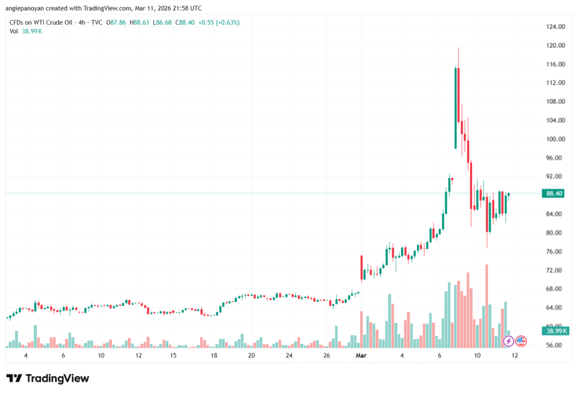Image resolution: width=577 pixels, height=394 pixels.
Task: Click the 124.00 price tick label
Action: pyautogui.click(x=555, y=26)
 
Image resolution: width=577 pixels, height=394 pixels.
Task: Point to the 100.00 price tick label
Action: pyautogui.click(x=555, y=139)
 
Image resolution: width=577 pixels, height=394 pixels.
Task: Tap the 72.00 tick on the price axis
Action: pyautogui.click(x=555, y=270)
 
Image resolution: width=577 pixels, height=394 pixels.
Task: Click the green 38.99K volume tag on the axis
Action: pyautogui.click(x=555, y=331)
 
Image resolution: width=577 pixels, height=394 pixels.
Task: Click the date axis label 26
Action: pyautogui.click(x=327, y=356)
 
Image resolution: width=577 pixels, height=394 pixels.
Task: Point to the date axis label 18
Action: pyautogui.click(x=214, y=356)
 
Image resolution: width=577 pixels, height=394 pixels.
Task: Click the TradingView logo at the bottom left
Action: pyautogui.click(x=47, y=378)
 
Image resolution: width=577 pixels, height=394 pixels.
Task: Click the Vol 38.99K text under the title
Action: pyautogui.click(x=26, y=31)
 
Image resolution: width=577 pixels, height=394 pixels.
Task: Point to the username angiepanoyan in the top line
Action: pyautogui.click(x=28, y=8)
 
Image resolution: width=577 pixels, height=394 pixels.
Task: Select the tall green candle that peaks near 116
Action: pyautogui.click(x=455, y=108)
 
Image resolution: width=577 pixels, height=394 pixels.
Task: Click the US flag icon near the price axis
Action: pyautogui.click(x=521, y=340)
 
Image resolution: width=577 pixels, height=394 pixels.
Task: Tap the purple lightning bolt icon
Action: pyautogui.click(x=508, y=340)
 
